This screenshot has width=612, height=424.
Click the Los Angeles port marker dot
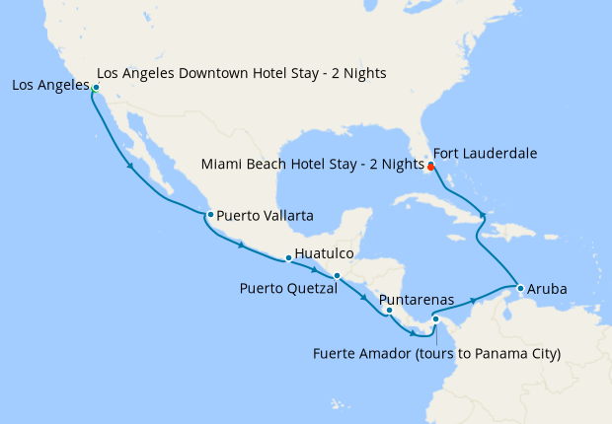[95, 88]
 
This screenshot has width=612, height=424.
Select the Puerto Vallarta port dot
[209, 214]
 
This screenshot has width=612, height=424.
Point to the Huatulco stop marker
[287, 258]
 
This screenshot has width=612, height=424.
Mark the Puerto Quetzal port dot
[337, 276]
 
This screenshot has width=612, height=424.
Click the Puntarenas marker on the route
[389, 311]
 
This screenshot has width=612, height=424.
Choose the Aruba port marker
[520, 288]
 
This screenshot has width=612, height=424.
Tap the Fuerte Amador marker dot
[435, 318]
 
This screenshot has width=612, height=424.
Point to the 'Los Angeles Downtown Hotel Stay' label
[242, 73]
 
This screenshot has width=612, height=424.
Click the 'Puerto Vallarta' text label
[265, 215]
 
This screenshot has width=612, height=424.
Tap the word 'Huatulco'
[325, 253]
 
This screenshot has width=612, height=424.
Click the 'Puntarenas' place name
[416, 299]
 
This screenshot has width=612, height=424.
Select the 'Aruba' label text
[548, 290]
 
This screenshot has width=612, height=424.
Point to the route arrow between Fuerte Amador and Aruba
[474, 299]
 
